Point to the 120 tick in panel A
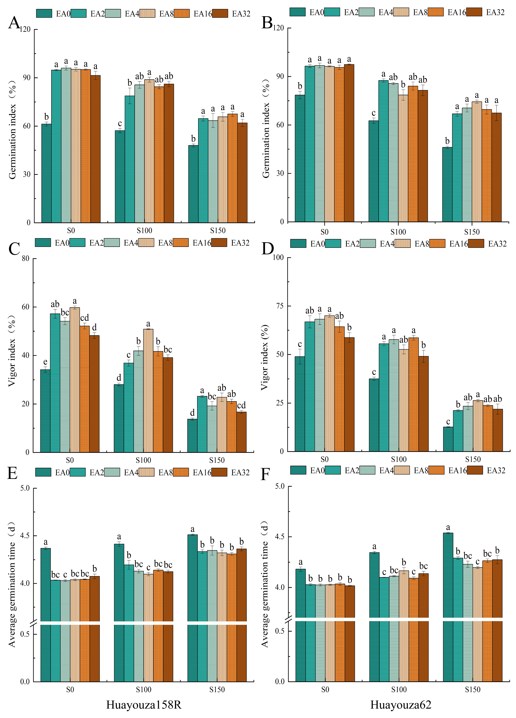[x=25, y=30]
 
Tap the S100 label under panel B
[x=398, y=232]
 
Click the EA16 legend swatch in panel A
[x=182, y=14]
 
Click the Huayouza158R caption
[x=144, y=705]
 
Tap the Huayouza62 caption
[x=401, y=705]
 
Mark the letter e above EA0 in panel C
[x=45, y=362]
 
